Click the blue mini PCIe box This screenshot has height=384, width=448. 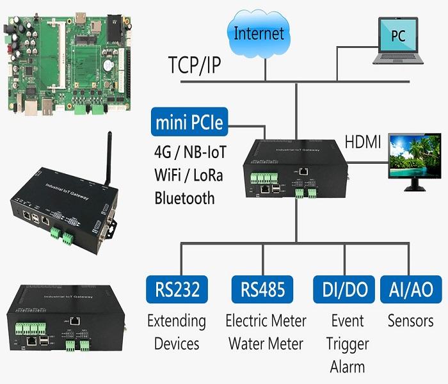pyautogui.click(x=189, y=121)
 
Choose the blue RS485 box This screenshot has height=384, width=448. pyautogui.click(x=262, y=289)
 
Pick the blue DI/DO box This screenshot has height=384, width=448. pyautogui.click(x=342, y=289)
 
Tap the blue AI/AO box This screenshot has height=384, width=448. pyautogui.click(x=410, y=289)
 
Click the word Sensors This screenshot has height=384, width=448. pyautogui.click(x=410, y=320)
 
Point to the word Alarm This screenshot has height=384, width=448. pyautogui.click(x=347, y=367)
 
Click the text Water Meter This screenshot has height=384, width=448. pyautogui.click(x=266, y=344)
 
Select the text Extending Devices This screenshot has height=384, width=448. pyautogui.click(x=177, y=332)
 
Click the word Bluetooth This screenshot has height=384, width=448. pyautogui.click(x=185, y=197)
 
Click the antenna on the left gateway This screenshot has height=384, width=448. pyautogui.click(x=109, y=154)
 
